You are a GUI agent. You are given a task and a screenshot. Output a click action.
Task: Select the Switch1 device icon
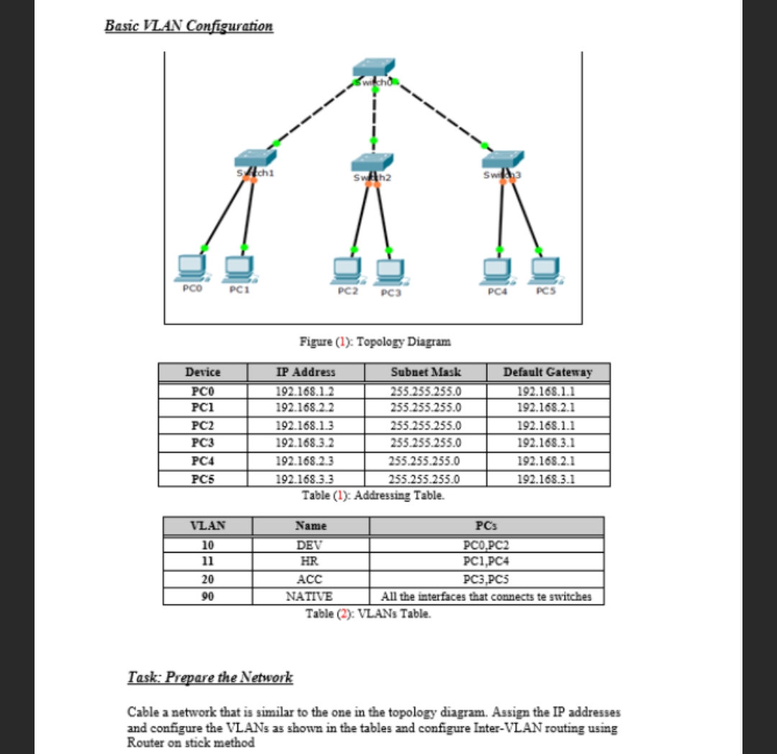(x=255, y=159)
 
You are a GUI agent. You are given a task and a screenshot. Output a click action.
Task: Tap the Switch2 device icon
(x=373, y=164)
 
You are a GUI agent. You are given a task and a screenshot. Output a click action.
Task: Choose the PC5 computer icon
(x=545, y=268)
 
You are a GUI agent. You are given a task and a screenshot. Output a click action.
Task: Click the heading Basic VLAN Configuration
(x=188, y=26)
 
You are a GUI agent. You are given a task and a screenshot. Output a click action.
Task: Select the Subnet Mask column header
(x=425, y=372)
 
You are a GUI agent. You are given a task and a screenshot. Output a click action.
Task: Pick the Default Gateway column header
(x=547, y=372)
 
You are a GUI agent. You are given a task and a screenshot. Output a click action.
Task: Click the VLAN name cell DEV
(x=310, y=546)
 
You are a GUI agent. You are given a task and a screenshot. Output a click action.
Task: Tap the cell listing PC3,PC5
(x=486, y=579)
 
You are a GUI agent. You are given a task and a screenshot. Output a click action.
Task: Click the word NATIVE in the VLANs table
(x=310, y=596)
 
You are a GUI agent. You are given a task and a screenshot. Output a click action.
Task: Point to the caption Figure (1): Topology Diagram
(x=375, y=341)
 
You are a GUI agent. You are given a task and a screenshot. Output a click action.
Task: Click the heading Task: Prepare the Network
(x=210, y=677)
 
